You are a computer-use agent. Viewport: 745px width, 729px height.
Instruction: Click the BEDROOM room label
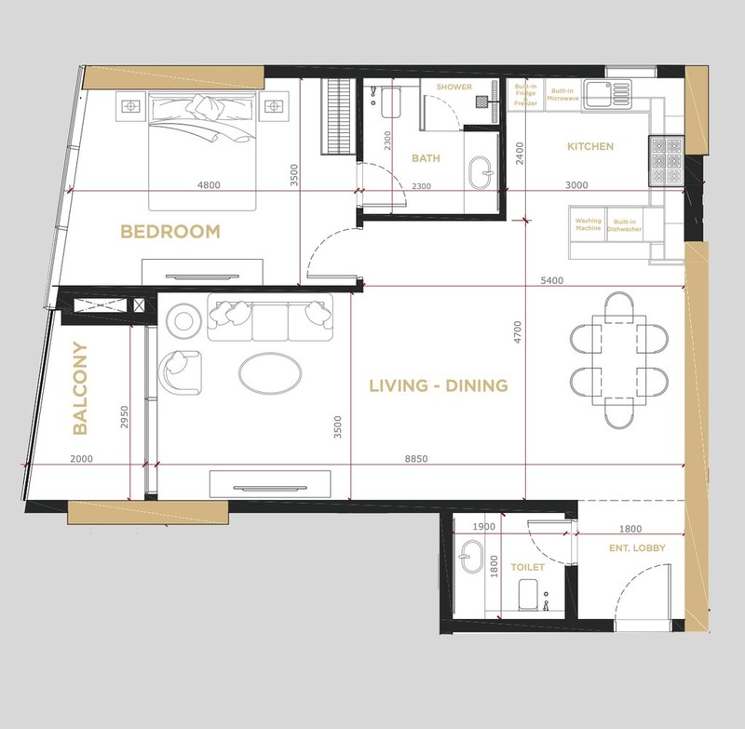coord(170,231)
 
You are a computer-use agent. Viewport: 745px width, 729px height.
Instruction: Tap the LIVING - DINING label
coord(439,385)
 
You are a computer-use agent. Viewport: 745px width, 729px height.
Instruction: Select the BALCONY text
coord(80,388)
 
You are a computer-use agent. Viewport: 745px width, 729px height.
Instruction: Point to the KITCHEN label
coord(590,146)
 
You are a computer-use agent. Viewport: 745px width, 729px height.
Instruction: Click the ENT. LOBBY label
coord(637,548)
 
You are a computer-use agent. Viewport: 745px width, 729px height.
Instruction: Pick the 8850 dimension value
coord(416,459)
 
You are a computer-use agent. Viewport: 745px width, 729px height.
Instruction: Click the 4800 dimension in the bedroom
coord(209,184)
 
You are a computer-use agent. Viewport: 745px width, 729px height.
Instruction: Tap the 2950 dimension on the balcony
coord(124,416)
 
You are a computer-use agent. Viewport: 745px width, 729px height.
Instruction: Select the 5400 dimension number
coord(551,280)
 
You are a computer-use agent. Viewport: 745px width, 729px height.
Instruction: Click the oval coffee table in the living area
coord(270,373)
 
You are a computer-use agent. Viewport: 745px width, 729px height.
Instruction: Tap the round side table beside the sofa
coord(183,321)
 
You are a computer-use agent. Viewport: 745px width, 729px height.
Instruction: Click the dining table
coord(619,360)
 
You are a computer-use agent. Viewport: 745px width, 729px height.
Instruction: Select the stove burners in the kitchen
coord(666,161)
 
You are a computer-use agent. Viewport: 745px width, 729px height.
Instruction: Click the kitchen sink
coord(608,93)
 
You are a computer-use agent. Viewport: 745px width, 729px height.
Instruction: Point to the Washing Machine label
coord(589,224)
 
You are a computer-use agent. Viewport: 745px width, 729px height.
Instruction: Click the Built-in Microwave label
coord(562,95)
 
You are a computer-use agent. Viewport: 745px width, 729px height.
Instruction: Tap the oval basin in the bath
coord(480,173)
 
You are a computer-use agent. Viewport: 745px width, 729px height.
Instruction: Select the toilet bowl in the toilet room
coord(528,594)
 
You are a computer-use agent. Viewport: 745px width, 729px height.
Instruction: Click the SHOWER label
coord(454,87)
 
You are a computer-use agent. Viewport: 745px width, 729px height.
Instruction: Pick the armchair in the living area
coord(180,371)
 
